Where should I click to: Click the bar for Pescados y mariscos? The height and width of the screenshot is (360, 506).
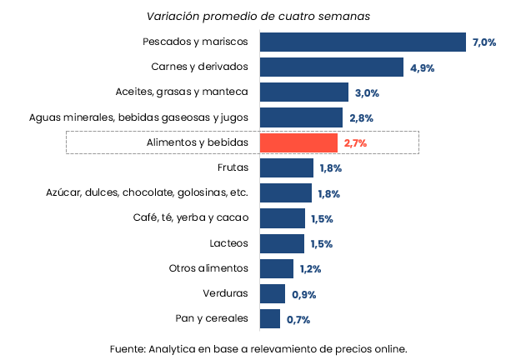(x=363, y=42)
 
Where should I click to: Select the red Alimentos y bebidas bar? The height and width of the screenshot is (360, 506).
(x=298, y=143)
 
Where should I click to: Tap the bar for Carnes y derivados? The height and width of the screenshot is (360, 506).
(x=332, y=67)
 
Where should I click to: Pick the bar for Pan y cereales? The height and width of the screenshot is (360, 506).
(x=270, y=319)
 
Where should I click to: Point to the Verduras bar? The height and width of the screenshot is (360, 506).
(x=273, y=294)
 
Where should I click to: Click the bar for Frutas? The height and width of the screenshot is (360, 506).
(x=286, y=168)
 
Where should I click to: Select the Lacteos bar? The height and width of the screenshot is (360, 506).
(x=282, y=243)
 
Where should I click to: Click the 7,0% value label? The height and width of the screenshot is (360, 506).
(x=484, y=42)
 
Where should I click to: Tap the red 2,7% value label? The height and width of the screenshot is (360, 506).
(x=355, y=143)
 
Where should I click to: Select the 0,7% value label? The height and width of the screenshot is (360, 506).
(x=298, y=319)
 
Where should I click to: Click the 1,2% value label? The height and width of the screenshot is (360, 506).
(x=311, y=269)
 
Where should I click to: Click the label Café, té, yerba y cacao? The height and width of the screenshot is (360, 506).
(x=191, y=218)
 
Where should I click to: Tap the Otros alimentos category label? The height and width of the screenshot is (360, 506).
(x=208, y=268)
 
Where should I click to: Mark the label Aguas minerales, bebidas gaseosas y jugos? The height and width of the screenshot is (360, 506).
(x=138, y=117)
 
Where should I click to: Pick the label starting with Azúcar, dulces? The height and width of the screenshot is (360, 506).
(x=147, y=193)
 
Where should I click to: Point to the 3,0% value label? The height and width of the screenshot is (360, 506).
(x=367, y=93)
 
